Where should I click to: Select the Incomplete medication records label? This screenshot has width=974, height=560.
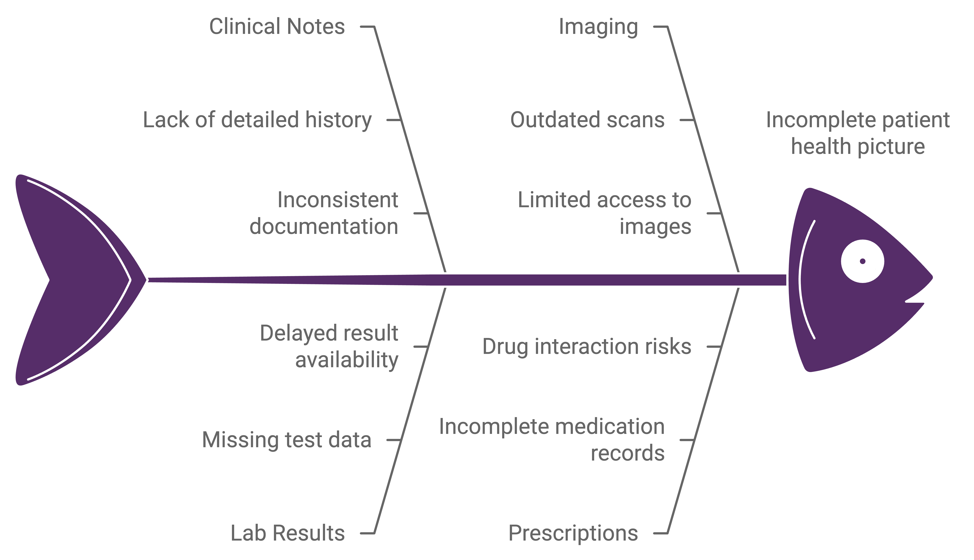tap(552, 440)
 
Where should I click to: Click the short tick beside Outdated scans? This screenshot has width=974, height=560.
tap(687, 120)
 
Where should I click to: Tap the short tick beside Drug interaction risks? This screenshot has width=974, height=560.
tap(713, 346)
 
